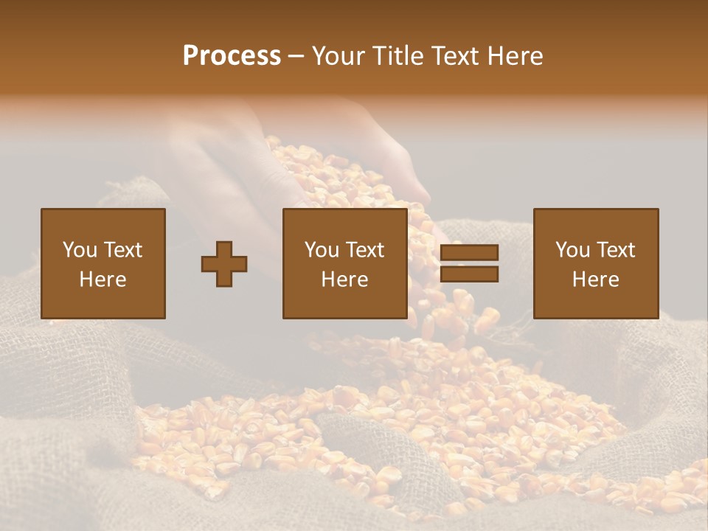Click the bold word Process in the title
pyautogui.click(x=232, y=55)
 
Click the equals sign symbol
pyautogui.click(x=469, y=263)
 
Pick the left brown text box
pyautogui.click(x=103, y=263)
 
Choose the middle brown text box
pyautogui.click(x=345, y=263)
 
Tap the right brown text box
pyautogui.click(x=596, y=263)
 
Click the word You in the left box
pyautogui.click(x=80, y=250)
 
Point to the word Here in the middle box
pyautogui.click(x=345, y=280)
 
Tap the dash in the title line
pyautogui.click(x=296, y=56)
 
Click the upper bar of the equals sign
pyautogui.click(x=469, y=253)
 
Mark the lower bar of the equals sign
pyautogui.click(x=469, y=274)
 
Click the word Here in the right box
pyautogui.click(x=596, y=280)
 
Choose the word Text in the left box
pyautogui.click(x=122, y=250)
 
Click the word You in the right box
pyautogui.click(x=572, y=250)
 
